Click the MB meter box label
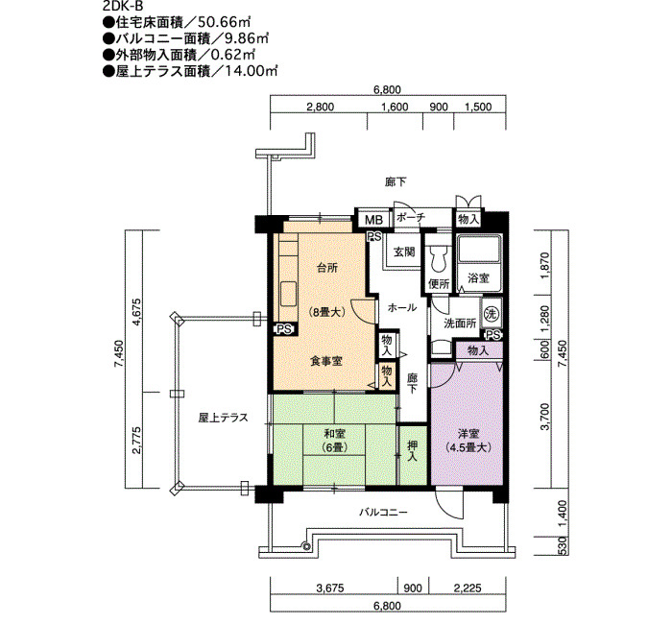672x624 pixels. click(x=373, y=220)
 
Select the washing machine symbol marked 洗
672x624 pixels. click(x=491, y=314)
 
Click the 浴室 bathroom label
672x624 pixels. click(x=478, y=278)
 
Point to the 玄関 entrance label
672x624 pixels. click(x=404, y=252)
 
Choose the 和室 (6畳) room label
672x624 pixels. click(x=335, y=441)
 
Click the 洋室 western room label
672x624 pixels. click(x=468, y=441)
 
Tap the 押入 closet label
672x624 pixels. click(x=412, y=451)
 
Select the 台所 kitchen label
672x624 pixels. click(x=327, y=268)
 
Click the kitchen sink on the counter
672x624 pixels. click(x=288, y=294)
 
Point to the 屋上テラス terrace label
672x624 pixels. click(x=223, y=418)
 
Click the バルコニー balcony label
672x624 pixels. click(x=383, y=512)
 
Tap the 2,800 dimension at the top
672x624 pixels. click(x=320, y=107)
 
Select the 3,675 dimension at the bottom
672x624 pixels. click(x=330, y=588)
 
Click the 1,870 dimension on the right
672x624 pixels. click(x=544, y=265)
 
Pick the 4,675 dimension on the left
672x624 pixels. click(x=136, y=312)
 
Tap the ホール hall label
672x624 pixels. click(x=402, y=307)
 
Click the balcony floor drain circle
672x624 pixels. click(x=305, y=546)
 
